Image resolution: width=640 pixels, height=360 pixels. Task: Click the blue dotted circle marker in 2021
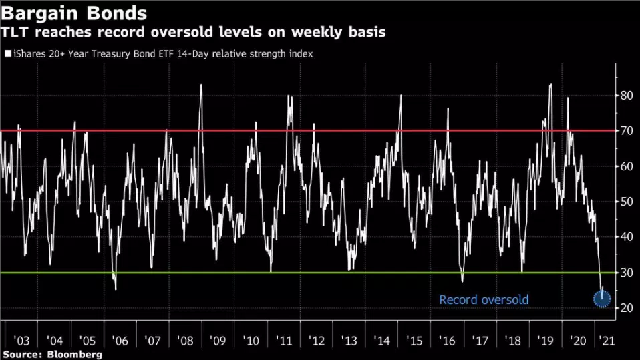click(602, 299)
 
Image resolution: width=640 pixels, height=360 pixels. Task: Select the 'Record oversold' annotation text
click(484, 300)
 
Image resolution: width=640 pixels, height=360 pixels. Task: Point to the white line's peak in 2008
click(201, 85)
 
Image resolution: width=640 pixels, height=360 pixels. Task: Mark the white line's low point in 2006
click(116, 289)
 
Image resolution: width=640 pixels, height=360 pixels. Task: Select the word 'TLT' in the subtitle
click(18, 32)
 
